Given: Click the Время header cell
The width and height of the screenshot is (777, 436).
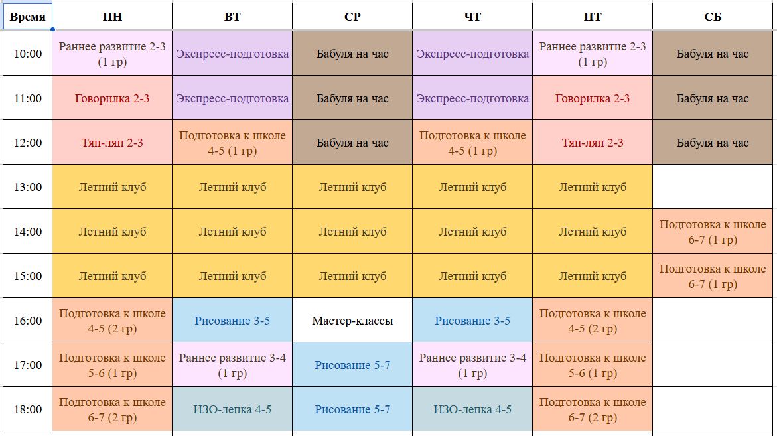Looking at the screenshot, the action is pyautogui.click(x=28, y=17).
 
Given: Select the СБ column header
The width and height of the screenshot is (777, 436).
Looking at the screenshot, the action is pyautogui.click(x=713, y=17).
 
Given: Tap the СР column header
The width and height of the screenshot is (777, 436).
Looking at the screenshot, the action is pyautogui.click(x=352, y=17).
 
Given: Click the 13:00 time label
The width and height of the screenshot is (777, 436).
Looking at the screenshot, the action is pyautogui.click(x=28, y=186).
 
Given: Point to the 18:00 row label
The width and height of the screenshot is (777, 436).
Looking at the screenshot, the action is pyautogui.click(x=28, y=409).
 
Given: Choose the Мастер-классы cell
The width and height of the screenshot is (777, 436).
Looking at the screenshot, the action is pyautogui.click(x=352, y=321).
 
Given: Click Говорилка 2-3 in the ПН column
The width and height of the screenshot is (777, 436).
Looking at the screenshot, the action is pyautogui.click(x=112, y=98).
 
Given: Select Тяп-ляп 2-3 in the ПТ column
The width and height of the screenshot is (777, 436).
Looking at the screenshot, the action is pyautogui.click(x=593, y=143).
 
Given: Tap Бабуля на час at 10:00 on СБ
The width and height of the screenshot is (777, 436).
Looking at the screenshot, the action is pyautogui.click(x=713, y=54).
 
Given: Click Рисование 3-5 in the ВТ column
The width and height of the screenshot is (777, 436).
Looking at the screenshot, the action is pyautogui.click(x=232, y=321).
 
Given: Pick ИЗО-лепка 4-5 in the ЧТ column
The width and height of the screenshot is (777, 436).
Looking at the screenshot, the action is pyautogui.click(x=472, y=409).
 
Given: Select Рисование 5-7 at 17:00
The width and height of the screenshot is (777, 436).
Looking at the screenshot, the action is pyautogui.click(x=352, y=365).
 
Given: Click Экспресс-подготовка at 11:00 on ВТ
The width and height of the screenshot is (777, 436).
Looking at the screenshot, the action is pyautogui.click(x=232, y=98).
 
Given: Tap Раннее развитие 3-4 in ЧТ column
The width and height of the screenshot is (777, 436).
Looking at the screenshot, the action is pyautogui.click(x=472, y=365).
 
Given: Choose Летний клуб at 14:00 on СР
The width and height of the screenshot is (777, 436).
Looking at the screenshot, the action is pyautogui.click(x=352, y=232).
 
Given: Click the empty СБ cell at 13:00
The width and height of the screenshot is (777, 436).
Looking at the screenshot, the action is pyautogui.click(x=713, y=186).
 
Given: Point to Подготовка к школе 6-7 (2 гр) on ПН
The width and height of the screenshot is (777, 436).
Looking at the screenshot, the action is pyautogui.click(x=112, y=409).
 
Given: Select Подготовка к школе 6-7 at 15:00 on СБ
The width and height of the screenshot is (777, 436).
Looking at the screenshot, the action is pyautogui.click(x=713, y=276).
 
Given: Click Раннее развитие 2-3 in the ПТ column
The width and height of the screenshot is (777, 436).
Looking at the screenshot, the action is pyautogui.click(x=593, y=54).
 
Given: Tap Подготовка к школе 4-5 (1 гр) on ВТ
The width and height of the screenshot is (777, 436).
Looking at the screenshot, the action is pyautogui.click(x=232, y=143).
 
